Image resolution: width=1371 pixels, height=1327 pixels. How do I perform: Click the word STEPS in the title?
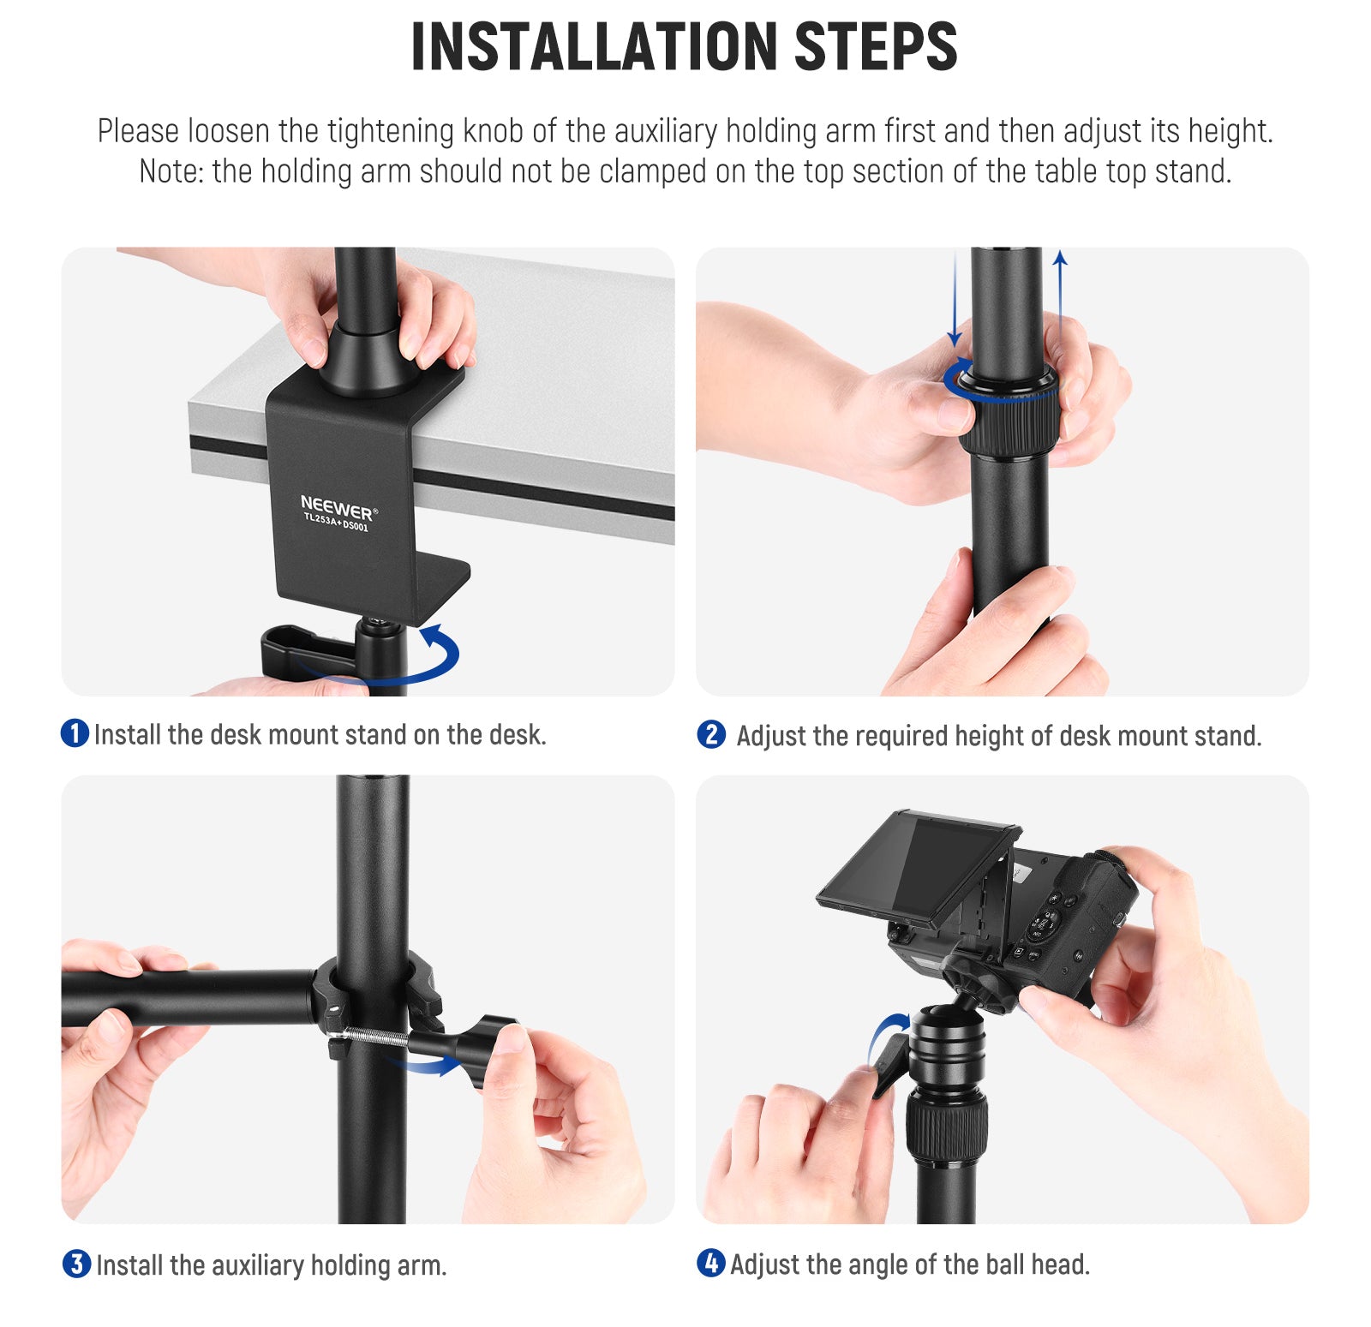tap(876, 46)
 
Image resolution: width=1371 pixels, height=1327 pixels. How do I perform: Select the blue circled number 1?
tap(75, 733)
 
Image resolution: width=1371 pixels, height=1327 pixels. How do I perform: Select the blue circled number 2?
tap(711, 734)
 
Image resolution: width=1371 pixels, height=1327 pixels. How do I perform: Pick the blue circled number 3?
tap(76, 1264)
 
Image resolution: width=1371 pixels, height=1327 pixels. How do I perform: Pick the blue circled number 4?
tap(710, 1263)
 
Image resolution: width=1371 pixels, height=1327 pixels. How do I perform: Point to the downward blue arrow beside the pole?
tap(955, 299)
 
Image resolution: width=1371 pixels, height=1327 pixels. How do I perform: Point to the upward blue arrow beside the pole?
tap(1060, 296)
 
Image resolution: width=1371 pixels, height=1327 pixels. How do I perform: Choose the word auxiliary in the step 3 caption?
tap(258, 1265)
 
